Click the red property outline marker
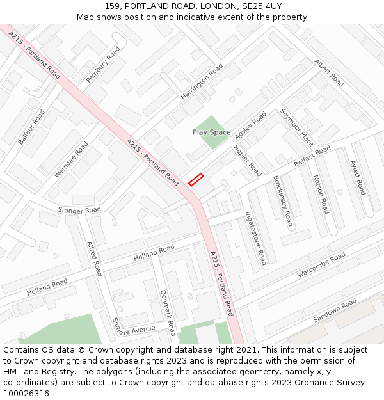(196, 180)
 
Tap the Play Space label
(211, 132)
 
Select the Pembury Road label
(103, 64)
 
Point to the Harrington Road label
(202, 81)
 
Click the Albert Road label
(329, 73)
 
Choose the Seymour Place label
(296, 127)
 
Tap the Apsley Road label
(250, 125)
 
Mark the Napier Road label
(247, 161)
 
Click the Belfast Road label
(312, 157)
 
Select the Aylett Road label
(357, 177)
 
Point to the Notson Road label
(321, 194)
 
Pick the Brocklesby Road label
(283, 201)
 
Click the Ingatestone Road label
(256, 238)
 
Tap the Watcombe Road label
(321, 264)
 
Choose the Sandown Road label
(334, 310)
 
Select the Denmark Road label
(168, 312)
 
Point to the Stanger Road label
(79, 210)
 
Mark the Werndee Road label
(71, 160)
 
